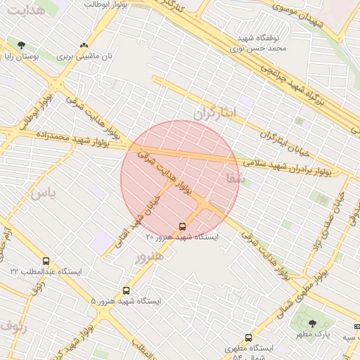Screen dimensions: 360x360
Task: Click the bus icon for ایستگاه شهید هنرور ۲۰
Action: tap(183, 226)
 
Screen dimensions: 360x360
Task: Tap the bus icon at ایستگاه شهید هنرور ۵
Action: tap(127, 290)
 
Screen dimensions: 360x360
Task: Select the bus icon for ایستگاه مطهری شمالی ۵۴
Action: tap(247, 337)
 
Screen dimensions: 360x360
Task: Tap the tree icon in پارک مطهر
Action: tap(312, 323)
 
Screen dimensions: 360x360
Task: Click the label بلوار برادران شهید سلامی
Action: tap(288, 167)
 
